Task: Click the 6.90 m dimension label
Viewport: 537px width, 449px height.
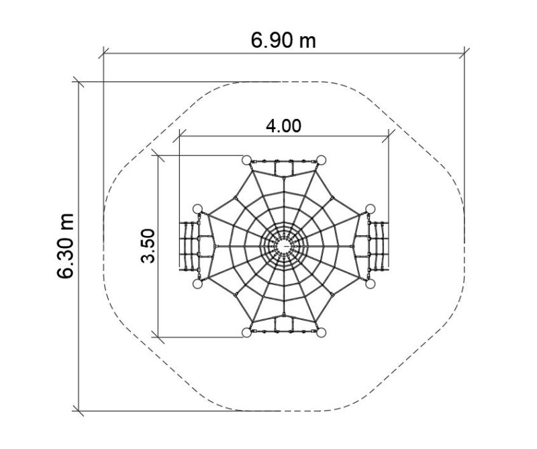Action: click(x=283, y=40)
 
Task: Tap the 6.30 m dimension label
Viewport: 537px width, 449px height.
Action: click(x=65, y=245)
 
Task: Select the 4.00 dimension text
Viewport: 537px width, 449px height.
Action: click(x=283, y=126)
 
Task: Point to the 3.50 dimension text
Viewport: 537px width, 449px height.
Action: click(x=148, y=245)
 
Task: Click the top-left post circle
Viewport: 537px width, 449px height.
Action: click(x=246, y=160)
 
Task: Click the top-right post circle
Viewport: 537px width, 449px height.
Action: click(x=321, y=160)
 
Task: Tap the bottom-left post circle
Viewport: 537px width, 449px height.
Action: click(x=246, y=332)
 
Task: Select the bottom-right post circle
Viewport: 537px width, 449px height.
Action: click(x=321, y=332)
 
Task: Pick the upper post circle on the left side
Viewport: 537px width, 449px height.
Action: click(x=197, y=209)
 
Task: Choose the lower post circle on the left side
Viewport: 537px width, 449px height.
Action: click(x=197, y=284)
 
